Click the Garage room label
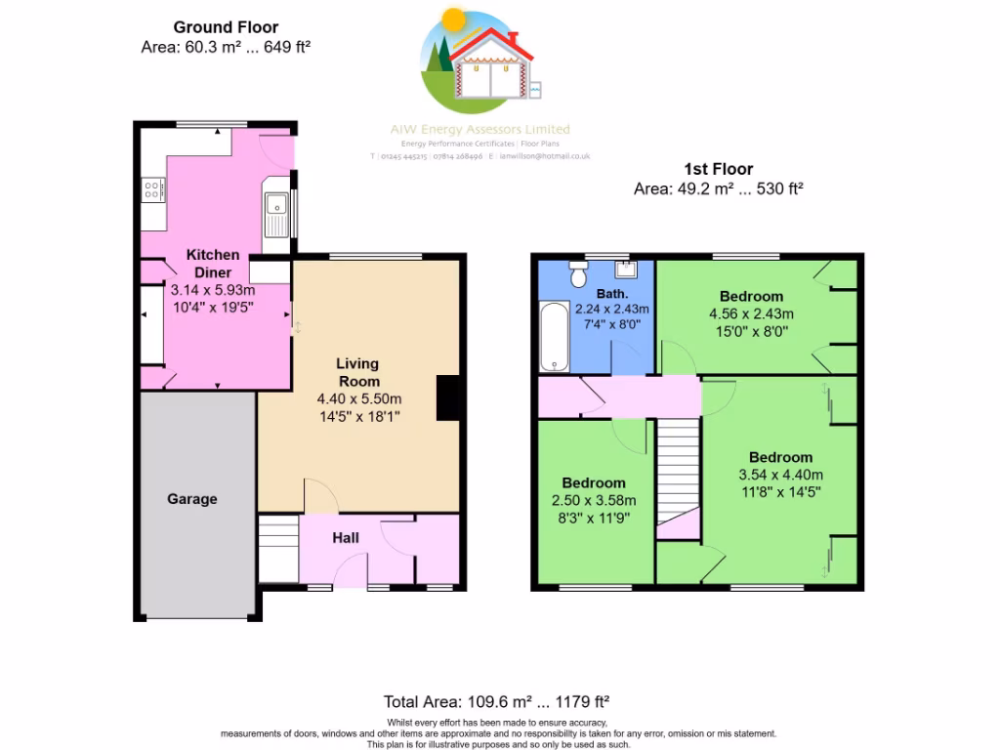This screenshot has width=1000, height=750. point(191,499)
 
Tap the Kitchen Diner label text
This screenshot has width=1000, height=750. point(213,264)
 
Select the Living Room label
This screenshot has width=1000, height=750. point(358,372)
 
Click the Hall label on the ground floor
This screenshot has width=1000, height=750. point(346,538)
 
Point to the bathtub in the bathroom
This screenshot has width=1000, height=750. point(554,337)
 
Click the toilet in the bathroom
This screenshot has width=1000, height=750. point(577,276)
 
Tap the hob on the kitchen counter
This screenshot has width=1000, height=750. point(153,188)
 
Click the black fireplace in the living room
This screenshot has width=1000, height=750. point(448,397)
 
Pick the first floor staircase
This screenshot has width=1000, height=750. point(678,474)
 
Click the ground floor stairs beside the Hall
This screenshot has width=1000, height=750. point(278,549)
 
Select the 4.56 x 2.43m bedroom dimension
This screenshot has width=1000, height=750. point(751,314)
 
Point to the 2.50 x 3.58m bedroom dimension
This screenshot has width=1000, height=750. point(593,501)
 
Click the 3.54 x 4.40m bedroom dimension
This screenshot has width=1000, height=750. point(780,476)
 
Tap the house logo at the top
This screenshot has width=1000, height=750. point(479,59)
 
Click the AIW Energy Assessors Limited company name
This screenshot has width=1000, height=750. point(479,129)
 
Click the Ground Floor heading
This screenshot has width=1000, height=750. point(226,27)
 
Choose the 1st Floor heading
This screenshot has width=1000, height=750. point(718,169)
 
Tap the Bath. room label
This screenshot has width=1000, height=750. point(612,293)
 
